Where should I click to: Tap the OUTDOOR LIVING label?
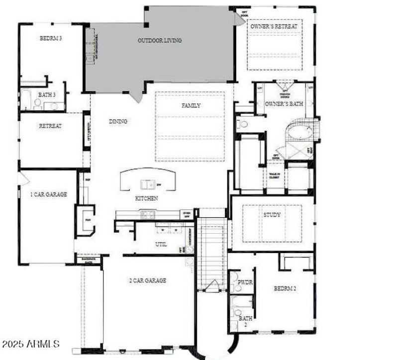pyautogui.click(x=159, y=40)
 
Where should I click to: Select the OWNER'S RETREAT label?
pyautogui.click(x=274, y=26)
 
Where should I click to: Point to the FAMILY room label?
pyautogui.click(x=191, y=105)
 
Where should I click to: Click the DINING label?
pyautogui.click(x=118, y=121)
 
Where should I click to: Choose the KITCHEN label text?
pyautogui.click(x=147, y=198)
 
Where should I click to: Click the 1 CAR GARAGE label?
pyautogui.click(x=48, y=194)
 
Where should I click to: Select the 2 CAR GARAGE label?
pyautogui.click(x=148, y=280)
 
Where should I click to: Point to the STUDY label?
pyautogui.click(x=272, y=215)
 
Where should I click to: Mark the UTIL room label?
pyautogui.click(x=161, y=244)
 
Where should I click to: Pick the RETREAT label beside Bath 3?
pyautogui.click(x=50, y=126)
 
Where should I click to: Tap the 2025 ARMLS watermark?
pyautogui.click(x=31, y=344)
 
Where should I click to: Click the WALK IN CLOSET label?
pyautogui.click(x=275, y=175)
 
